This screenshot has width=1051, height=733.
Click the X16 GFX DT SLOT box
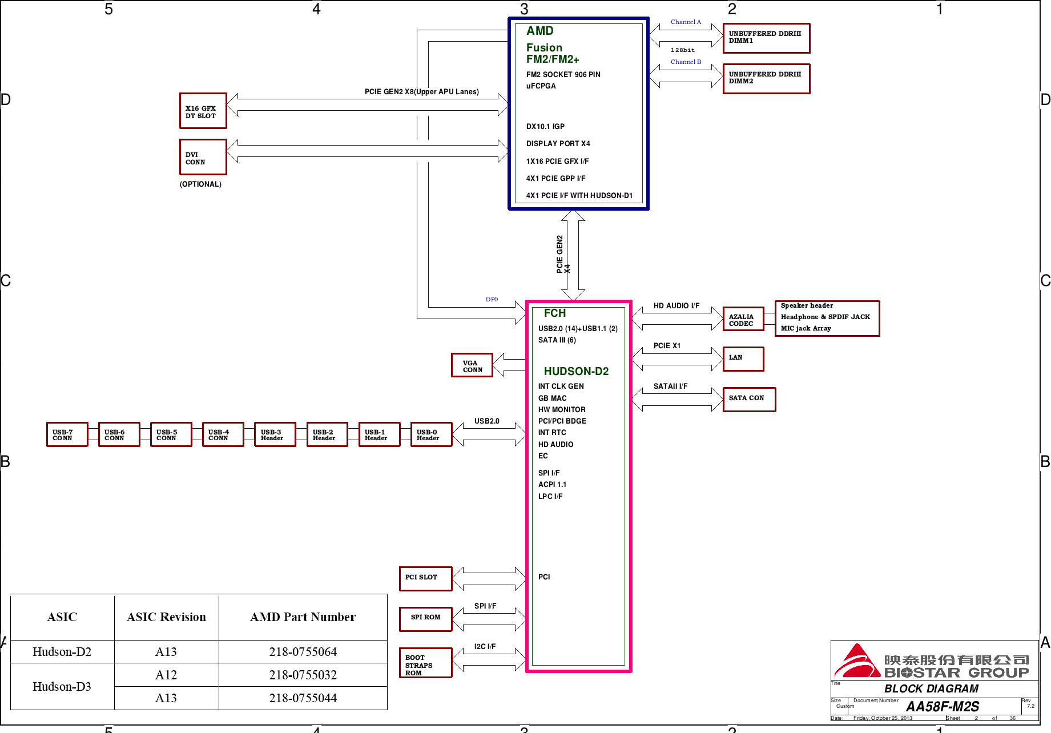pyautogui.click(x=203, y=111)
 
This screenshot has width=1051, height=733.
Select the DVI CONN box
pyautogui.click(x=203, y=157)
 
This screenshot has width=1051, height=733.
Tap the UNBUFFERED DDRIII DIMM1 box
pyautogui.click(x=767, y=38)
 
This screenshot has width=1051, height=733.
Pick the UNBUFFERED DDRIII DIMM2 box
pyautogui.click(x=767, y=79)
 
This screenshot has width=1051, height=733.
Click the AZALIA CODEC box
pyautogui.click(x=743, y=319)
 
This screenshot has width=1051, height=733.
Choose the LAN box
pyautogui.click(x=743, y=359)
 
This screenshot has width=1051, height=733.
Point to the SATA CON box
pyautogui.click(x=750, y=400)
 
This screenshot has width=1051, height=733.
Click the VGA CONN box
pyautogui.click(x=472, y=365)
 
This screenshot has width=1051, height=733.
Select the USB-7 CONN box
pyautogui.click(x=67, y=434)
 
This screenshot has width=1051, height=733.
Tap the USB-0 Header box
pyautogui.click(x=432, y=434)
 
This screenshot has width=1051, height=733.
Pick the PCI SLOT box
pyautogui.click(x=426, y=579)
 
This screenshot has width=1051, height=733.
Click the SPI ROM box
pyautogui.click(x=426, y=619)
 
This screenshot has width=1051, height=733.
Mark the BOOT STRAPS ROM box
pyautogui.click(x=426, y=663)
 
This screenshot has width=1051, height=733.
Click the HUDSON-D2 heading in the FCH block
pyautogui.click(x=576, y=371)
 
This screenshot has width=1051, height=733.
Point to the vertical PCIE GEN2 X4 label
pyautogui.click(x=563, y=254)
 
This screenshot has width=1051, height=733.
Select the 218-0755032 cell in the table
pyautogui.click(x=303, y=675)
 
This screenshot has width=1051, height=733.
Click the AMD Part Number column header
pyautogui.click(x=303, y=617)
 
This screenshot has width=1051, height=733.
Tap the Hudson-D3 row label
pyautogui.click(x=62, y=686)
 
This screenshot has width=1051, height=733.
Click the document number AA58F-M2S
pyautogui.click(x=943, y=706)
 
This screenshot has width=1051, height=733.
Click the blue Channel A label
pyautogui.click(x=686, y=22)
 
